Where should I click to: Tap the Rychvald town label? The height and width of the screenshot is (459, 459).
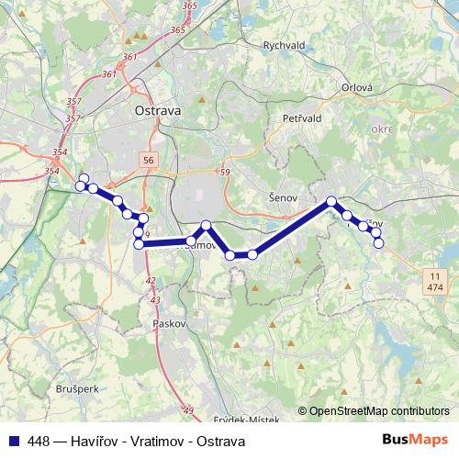[283, 44]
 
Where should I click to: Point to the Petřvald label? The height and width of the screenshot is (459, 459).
[300, 118]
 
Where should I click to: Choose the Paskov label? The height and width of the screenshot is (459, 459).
[171, 324]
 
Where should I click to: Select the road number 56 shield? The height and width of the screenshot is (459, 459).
[149, 160]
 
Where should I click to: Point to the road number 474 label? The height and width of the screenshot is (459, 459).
[435, 287]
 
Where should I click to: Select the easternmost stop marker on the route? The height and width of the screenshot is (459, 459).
[378, 243]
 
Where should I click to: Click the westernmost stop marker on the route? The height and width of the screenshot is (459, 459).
[80, 186]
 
